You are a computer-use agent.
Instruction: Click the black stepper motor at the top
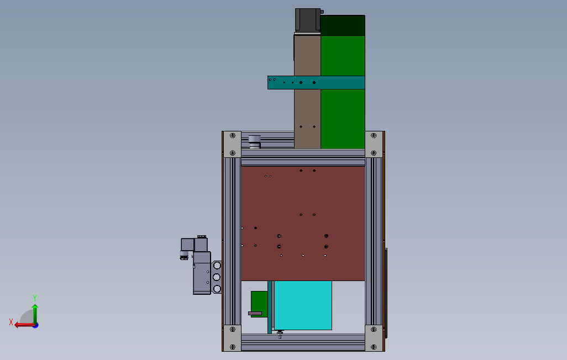pos(307,20)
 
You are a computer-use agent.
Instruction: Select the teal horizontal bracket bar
pos(316,82)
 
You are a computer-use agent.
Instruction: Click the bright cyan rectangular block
pos(303,305)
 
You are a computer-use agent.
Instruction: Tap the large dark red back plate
pos(303,224)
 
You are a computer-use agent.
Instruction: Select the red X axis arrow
pos(25,325)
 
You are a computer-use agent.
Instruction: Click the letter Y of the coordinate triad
pos(35,298)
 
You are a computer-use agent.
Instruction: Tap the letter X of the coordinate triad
pos(11,322)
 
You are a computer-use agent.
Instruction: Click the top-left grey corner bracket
pos(233,144)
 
